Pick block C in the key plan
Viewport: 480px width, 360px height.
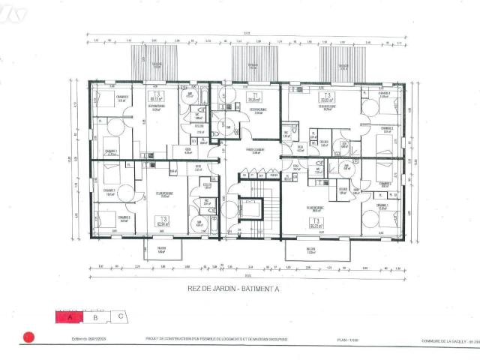[119, 316]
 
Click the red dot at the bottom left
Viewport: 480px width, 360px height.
[29, 337]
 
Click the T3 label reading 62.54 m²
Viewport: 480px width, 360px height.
[160, 221]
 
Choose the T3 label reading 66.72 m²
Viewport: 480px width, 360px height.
[316, 223]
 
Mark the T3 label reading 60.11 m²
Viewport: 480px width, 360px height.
[157, 97]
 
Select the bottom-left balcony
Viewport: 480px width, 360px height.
[162, 249]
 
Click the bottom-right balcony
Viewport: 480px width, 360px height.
[316, 250]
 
